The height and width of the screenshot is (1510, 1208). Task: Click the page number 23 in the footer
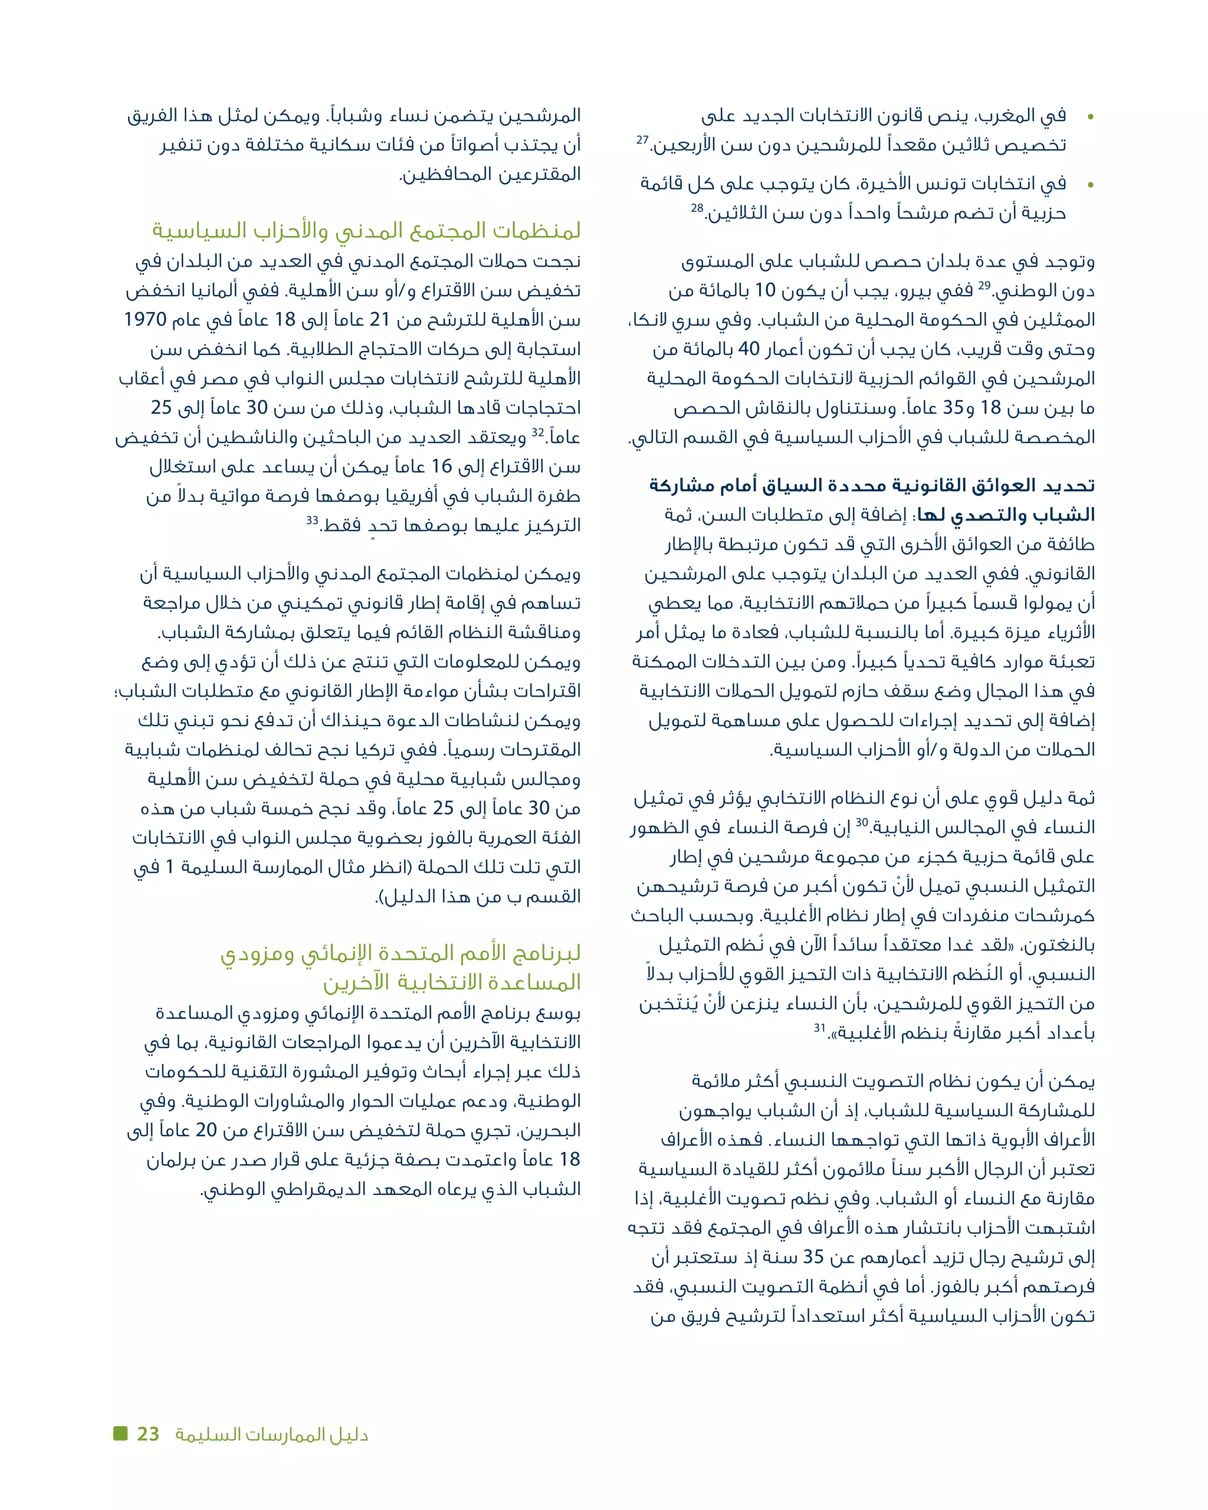point(149,1434)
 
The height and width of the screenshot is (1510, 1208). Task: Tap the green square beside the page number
point(120,1433)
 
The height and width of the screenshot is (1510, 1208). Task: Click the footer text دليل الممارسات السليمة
point(272,1435)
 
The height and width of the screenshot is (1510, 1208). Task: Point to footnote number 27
point(642,140)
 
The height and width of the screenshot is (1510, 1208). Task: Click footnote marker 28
point(697,208)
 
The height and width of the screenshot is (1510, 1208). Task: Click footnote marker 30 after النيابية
point(861,822)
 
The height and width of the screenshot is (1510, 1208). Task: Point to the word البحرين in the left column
point(550,1131)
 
